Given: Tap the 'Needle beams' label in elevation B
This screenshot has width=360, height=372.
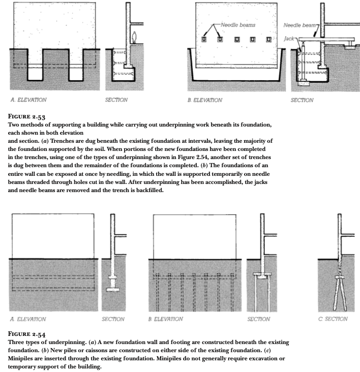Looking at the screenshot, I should pos(238,25).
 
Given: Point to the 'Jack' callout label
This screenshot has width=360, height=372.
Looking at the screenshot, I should pos(289,38).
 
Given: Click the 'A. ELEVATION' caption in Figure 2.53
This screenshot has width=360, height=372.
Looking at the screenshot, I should pos(29,100).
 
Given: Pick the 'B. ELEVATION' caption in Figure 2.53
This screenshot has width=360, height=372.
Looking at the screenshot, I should pos(205,100).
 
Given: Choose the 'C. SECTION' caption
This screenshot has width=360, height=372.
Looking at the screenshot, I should pos(333,319).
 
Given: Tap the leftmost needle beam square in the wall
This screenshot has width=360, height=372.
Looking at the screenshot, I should pos(204,39).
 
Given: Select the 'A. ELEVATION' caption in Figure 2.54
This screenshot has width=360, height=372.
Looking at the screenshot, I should pos(28,319).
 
